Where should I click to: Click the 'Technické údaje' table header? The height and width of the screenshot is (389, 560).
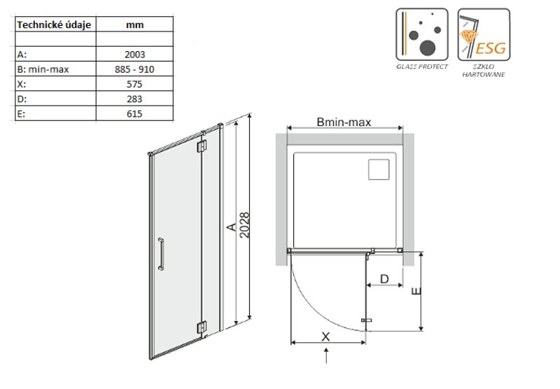click(x=54, y=25)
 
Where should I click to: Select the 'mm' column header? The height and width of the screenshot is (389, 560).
click(x=134, y=25)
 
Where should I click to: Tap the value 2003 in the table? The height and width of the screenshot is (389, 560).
click(x=134, y=55)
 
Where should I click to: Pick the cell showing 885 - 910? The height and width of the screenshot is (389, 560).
click(x=134, y=69)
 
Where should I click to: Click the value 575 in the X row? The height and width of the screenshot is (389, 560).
click(x=134, y=84)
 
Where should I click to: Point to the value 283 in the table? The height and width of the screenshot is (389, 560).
click(x=134, y=99)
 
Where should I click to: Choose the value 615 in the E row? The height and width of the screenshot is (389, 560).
click(x=134, y=114)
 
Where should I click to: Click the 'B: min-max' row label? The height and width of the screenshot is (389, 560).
click(x=43, y=69)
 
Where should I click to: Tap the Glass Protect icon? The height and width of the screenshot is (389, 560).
click(x=422, y=34)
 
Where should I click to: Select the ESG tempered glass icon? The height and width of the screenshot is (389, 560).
click(x=484, y=34)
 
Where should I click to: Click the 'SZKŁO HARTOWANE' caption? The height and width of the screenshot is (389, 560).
click(x=484, y=70)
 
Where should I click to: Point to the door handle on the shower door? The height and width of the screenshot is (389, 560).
click(x=161, y=254)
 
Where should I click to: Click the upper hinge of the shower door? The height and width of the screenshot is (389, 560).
click(x=202, y=146)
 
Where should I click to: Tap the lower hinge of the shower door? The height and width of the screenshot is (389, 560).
click(x=202, y=327)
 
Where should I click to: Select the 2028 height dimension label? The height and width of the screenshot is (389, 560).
click(x=244, y=225)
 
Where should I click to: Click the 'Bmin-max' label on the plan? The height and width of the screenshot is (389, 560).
click(x=344, y=122)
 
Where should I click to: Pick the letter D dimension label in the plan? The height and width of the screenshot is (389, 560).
click(x=384, y=278)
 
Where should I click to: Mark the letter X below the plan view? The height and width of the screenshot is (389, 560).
click(x=325, y=337)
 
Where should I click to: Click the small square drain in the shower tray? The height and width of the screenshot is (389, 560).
click(x=379, y=169)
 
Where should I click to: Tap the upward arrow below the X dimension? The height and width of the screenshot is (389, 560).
click(x=326, y=356)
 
